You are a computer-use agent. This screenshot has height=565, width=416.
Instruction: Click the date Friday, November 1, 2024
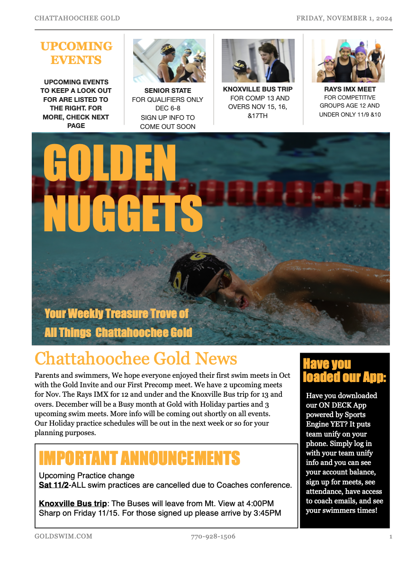[344, 18]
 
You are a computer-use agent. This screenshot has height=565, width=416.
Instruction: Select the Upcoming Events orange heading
[76, 53]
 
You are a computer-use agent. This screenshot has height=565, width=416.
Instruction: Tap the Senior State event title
[168, 91]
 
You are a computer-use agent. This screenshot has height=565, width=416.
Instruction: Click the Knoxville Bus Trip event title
[258, 89]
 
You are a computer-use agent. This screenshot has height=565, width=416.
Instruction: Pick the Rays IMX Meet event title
[350, 89]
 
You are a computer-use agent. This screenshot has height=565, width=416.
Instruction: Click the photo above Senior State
[169, 61]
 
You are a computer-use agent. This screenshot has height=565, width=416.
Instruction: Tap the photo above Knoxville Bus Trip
[258, 60]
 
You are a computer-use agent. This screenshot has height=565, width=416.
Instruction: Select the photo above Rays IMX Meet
[348, 60]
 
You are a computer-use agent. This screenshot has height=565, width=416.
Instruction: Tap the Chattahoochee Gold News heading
[136, 358]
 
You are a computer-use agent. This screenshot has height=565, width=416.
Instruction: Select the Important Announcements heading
[139, 458]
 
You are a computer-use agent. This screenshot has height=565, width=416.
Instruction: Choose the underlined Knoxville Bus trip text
[73, 503]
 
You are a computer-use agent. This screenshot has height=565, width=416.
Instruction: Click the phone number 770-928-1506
[213, 537]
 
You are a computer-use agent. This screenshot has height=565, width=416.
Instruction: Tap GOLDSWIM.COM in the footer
[63, 537]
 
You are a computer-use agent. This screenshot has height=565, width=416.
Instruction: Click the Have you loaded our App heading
[344, 371]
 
